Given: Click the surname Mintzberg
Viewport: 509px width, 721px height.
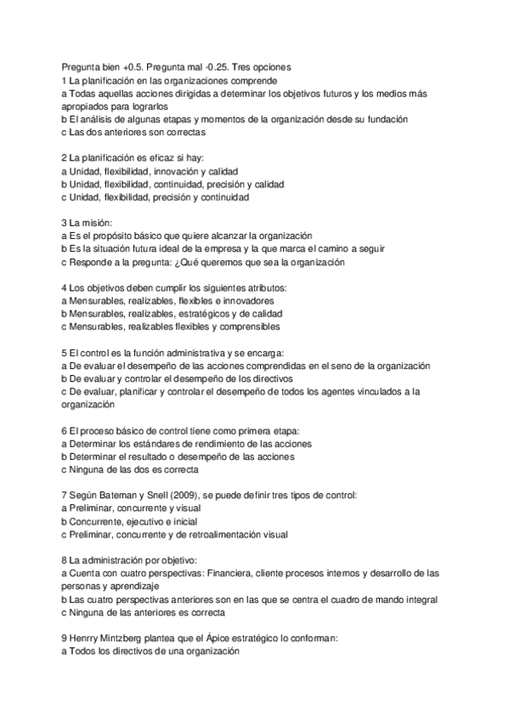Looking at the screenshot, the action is [133, 639].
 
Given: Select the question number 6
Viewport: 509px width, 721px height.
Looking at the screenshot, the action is [65, 431].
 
